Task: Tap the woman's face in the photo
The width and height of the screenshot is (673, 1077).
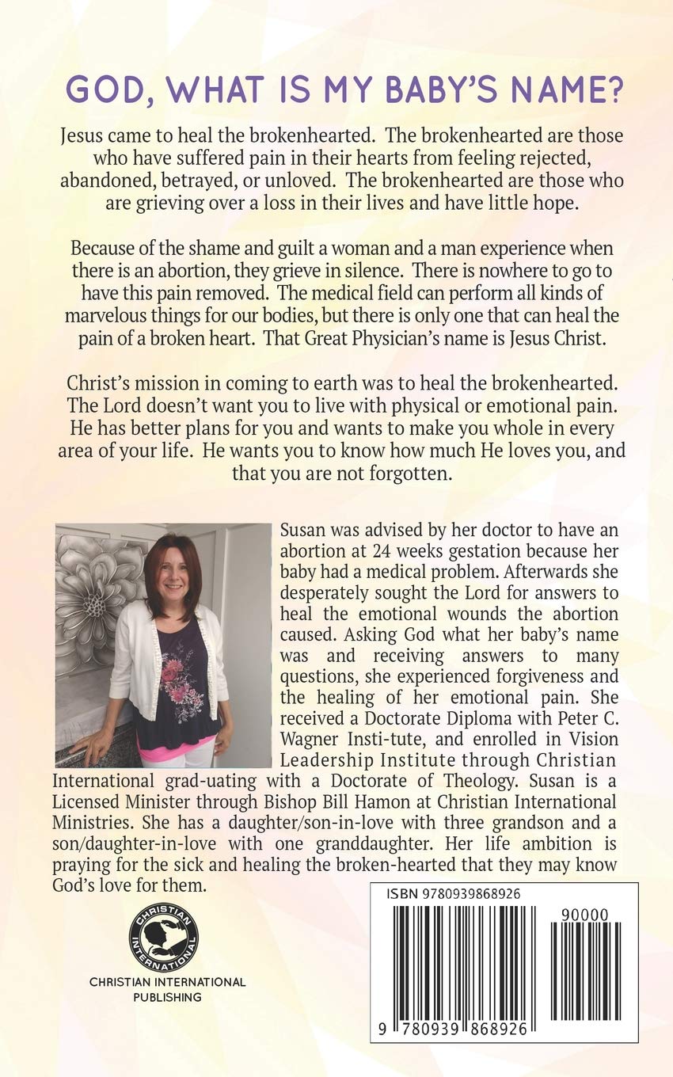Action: coord(175,569)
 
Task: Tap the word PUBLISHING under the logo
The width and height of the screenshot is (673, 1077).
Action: coord(167,997)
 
